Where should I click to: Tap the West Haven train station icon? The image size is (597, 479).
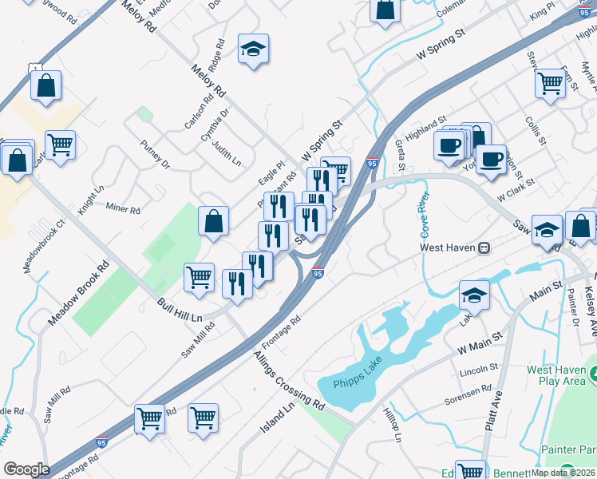click(484, 248)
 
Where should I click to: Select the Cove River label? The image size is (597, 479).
click(419, 213)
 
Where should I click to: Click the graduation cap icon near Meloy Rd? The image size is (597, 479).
click(253, 49)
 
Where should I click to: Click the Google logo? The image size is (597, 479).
click(26, 469)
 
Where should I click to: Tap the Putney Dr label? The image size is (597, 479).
click(156, 154)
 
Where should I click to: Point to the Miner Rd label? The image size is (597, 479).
click(123, 209)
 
